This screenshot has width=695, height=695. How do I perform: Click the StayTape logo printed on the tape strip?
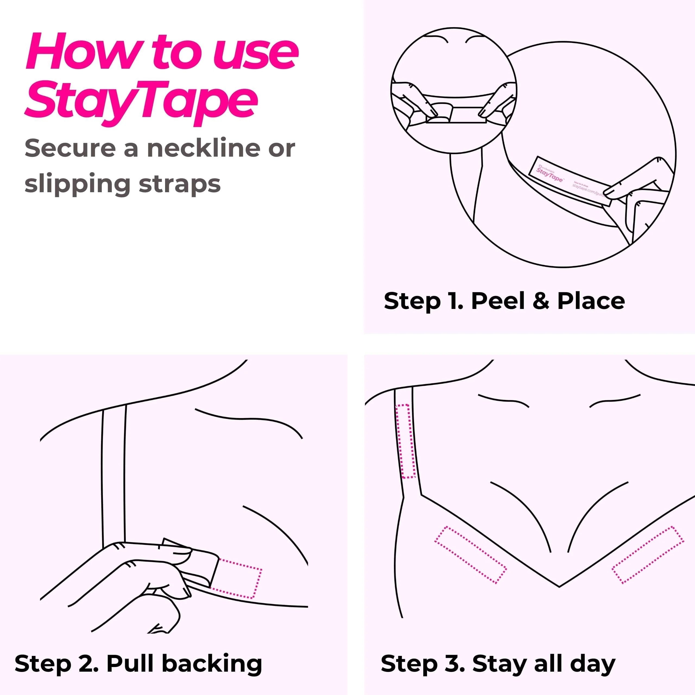coord(549,175)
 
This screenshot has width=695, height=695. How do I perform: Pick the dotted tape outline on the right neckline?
coord(647,554)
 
